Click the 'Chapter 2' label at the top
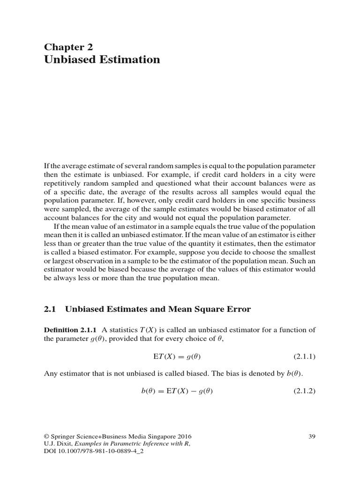coord(68,46)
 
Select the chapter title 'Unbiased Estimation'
coord(102,60)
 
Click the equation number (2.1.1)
coord(305,356)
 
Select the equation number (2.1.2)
coord(305,390)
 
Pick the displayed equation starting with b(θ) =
coord(177,390)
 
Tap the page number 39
coord(312,436)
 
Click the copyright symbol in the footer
coord(46,436)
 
